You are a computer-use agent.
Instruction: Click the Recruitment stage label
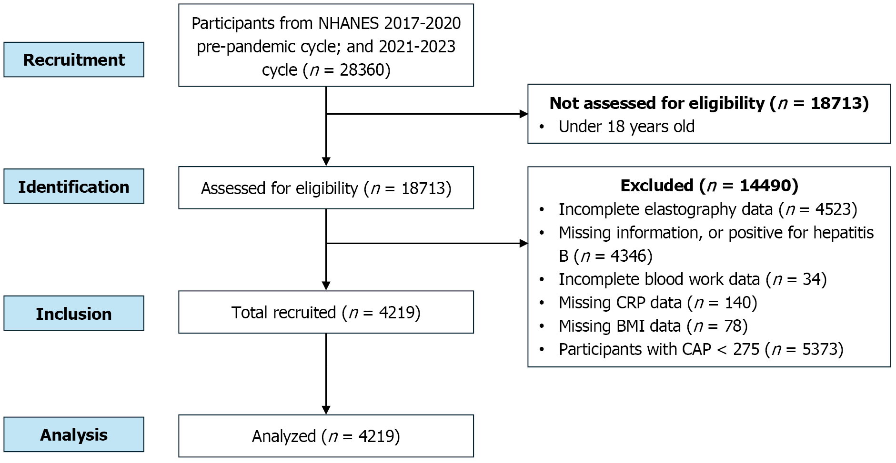pyautogui.click(x=74, y=60)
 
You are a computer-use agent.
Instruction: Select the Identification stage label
pyautogui.click(x=74, y=187)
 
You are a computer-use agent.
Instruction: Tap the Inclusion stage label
pyautogui.click(x=74, y=314)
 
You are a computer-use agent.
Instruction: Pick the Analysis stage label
pyautogui.click(x=74, y=435)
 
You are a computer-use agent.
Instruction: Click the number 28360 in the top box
pyautogui.click(x=362, y=70)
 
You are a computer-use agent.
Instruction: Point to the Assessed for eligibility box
pyautogui.click(x=326, y=188)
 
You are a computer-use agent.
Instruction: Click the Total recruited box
pyautogui.click(x=326, y=313)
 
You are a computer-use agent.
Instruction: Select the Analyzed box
pyautogui.click(x=326, y=436)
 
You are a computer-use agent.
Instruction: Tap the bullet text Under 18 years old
pyautogui.click(x=626, y=127)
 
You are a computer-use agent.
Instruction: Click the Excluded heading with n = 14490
pyautogui.click(x=709, y=186)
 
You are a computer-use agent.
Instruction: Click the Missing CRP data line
pyautogui.click(x=657, y=303)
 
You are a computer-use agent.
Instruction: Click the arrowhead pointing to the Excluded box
pyautogui.click(x=523, y=244)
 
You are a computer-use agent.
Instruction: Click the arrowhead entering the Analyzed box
pyautogui.click(x=326, y=410)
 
